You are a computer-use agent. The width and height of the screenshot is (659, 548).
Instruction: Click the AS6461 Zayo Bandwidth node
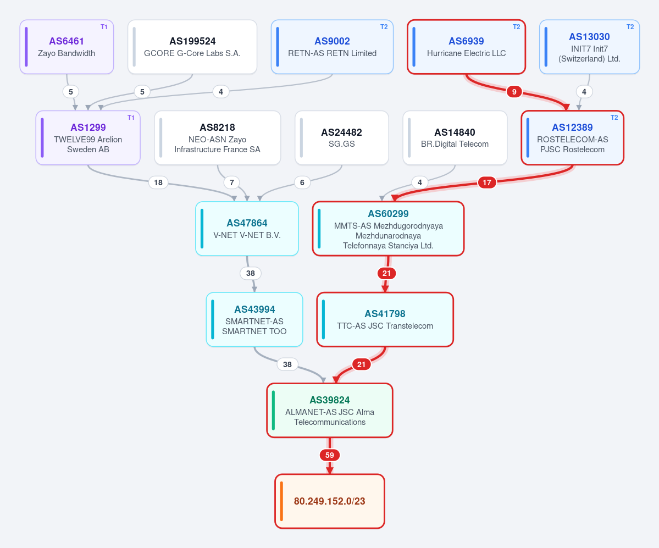[67, 47]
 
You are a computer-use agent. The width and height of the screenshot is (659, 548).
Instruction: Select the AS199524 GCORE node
[192, 47]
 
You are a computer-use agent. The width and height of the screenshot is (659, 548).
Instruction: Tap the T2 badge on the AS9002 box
[384, 27]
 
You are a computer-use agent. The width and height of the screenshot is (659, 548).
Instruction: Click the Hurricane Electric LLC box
[467, 47]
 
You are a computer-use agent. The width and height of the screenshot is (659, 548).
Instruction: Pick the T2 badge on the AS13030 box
[630, 27]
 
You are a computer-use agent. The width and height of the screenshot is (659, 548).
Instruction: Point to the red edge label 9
[514, 92]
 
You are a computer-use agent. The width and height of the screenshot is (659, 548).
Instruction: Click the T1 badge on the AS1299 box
[131, 118]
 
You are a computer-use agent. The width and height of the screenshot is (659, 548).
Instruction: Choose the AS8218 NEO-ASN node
[218, 138]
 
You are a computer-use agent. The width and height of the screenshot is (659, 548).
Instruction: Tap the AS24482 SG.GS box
[342, 138]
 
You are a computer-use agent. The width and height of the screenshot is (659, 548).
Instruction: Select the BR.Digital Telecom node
[455, 138]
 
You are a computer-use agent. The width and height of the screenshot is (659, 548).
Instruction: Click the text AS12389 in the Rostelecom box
[572, 128]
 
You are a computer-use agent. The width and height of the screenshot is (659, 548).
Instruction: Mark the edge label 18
[158, 182]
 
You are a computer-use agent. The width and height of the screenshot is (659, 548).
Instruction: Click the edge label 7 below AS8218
[231, 182]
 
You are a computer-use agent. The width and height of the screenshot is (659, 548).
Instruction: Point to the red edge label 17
[486, 182]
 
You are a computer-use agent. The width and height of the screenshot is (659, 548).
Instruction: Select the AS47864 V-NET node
[247, 229]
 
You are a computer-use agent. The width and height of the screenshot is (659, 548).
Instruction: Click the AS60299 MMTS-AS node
[389, 229]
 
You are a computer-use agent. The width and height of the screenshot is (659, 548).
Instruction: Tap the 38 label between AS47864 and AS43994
[251, 273]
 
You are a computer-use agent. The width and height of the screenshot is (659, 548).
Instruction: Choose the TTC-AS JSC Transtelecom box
[385, 319]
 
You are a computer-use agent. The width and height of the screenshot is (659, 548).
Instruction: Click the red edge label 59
[330, 455]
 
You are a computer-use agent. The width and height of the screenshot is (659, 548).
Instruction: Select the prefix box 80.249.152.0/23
[330, 501]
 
